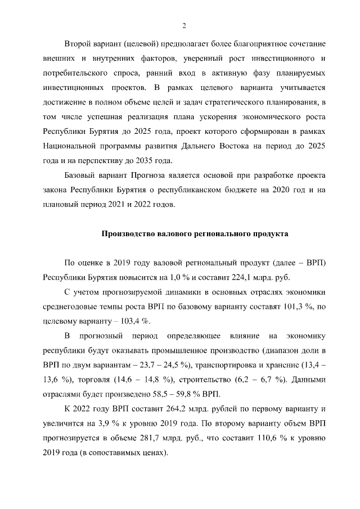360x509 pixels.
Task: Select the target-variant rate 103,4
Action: click(121, 321)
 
